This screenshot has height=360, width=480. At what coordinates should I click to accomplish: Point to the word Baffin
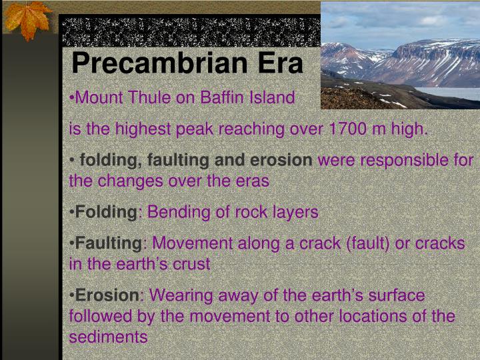221,98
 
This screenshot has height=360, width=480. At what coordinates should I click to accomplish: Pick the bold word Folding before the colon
106,213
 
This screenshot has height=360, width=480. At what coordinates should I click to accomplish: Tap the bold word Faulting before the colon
109,243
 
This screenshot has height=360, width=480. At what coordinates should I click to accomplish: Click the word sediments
108,337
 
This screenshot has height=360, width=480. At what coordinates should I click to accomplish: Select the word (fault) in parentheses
369,243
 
